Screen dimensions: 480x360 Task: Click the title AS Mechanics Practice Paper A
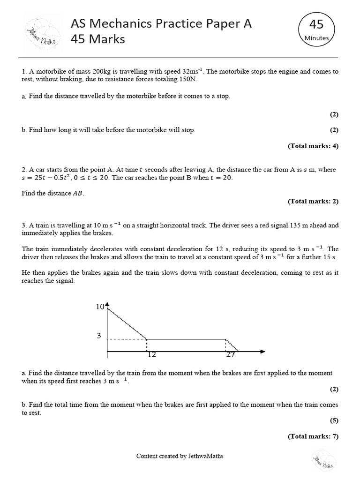point(161,24)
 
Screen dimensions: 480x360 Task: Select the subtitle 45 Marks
point(97,39)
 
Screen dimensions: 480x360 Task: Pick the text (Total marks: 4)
point(313,146)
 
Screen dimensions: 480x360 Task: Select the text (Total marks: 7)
point(313,436)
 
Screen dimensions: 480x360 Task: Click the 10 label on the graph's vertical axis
point(99,307)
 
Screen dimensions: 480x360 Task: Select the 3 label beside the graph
point(99,336)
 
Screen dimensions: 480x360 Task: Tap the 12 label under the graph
point(151,355)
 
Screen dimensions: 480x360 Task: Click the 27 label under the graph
point(230,355)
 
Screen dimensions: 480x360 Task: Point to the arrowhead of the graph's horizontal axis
point(262,351)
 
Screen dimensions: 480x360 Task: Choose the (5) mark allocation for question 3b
point(334,420)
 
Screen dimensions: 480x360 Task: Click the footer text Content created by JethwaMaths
point(180,456)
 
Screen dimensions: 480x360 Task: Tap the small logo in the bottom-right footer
point(322,459)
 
